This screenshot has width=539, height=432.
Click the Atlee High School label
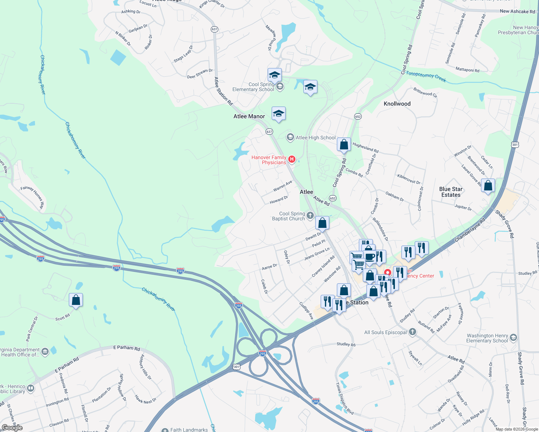(316, 138)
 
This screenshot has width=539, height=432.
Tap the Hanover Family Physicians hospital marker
(292, 159)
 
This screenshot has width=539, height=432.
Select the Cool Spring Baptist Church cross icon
(310, 215)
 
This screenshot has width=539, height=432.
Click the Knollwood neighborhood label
(397, 104)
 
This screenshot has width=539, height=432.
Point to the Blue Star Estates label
(451, 192)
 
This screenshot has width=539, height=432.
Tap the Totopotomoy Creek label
(426, 77)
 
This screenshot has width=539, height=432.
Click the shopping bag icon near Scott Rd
(76, 300)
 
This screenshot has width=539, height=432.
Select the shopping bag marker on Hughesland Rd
(344, 145)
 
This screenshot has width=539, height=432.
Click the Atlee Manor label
(249, 116)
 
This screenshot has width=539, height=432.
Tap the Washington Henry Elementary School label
(487, 338)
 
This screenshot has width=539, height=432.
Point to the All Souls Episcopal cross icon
(413, 332)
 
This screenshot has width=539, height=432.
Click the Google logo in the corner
(12, 427)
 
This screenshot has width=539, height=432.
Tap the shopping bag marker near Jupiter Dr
(488, 186)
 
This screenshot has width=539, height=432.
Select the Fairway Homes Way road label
(32, 197)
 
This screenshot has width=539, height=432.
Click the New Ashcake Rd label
(517, 12)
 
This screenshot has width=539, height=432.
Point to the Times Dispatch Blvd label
(344, 398)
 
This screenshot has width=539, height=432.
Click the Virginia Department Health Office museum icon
(45, 352)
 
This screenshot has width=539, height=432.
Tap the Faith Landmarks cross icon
(165, 430)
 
